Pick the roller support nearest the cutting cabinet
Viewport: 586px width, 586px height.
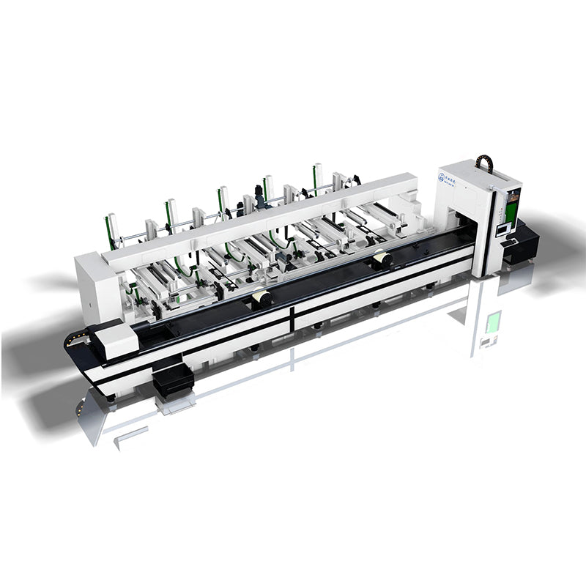[380, 259]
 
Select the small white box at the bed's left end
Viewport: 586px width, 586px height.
[115, 340]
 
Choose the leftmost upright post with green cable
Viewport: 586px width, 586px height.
[111, 229]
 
